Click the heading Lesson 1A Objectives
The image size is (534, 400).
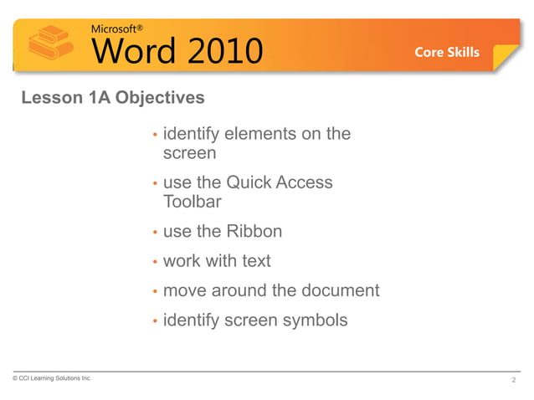112,99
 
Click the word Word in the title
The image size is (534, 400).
135,50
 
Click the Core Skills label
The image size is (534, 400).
447,52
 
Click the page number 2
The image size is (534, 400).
513,382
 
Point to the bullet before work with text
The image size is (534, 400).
155,263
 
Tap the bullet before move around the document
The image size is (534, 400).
155,293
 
